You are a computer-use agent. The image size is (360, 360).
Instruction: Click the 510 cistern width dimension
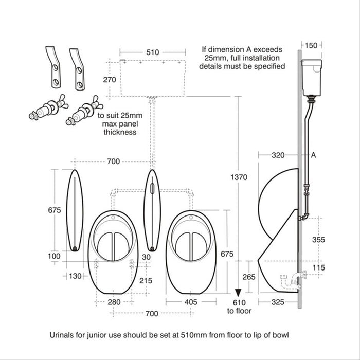point(153,52)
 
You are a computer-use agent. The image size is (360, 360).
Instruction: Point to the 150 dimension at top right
point(311,45)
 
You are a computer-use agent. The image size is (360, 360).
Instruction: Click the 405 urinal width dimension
point(190,303)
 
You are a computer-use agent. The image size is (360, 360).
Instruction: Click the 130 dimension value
point(75,276)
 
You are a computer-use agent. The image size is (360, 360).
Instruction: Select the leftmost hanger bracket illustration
point(51,68)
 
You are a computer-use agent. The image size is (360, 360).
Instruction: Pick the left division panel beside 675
point(75,210)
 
